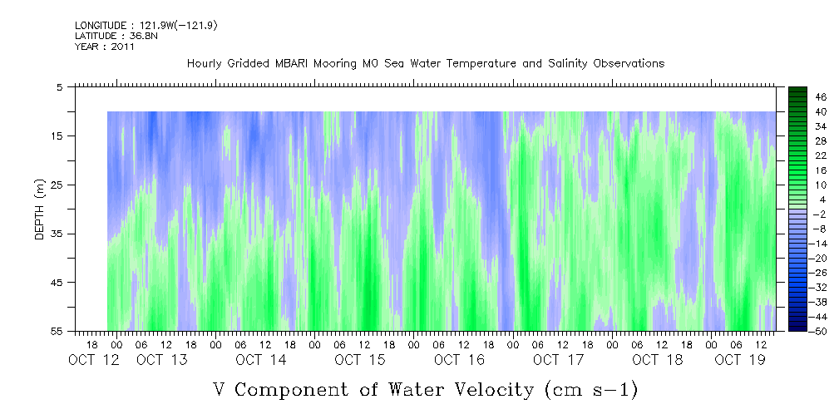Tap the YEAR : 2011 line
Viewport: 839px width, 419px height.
click(x=104, y=47)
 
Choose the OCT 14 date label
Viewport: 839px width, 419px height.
click(x=260, y=360)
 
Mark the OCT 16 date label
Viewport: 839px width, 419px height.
click(x=459, y=360)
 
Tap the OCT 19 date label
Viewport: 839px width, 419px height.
click(x=740, y=360)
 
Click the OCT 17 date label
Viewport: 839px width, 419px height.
click(x=558, y=360)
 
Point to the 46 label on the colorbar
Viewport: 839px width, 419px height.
click(x=821, y=96)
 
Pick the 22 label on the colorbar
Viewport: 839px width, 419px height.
click(x=821, y=155)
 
